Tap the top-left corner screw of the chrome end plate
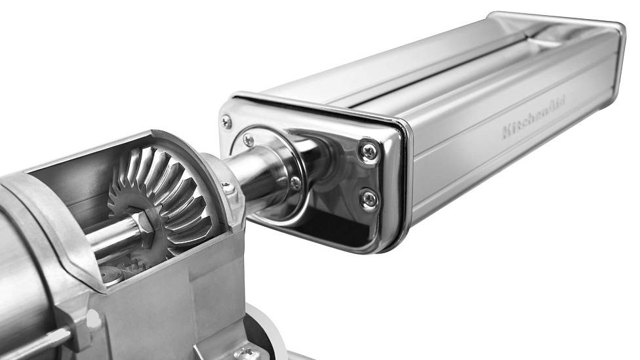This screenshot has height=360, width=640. pyautogui.click(x=226, y=121)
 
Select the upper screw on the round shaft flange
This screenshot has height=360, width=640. pyautogui.click(x=248, y=140)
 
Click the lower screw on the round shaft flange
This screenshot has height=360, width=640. pyautogui.click(x=294, y=182)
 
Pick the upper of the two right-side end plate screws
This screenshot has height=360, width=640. pyautogui.click(x=369, y=151)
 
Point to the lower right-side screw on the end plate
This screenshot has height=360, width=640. pyautogui.click(x=369, y=199)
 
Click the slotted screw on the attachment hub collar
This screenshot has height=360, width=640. pyautogui.click(x=229, y=188)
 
